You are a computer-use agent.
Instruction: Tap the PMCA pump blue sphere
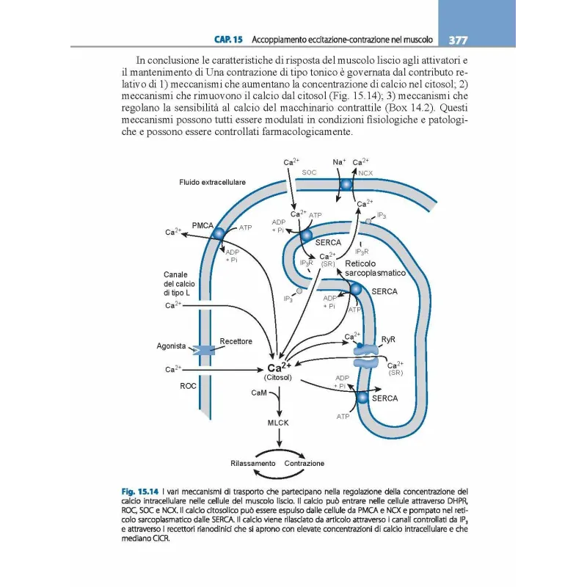coord(219,232)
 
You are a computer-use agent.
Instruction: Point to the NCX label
coord(365,173)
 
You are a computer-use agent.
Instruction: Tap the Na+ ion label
coord(339,161)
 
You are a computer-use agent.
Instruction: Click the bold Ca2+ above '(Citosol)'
coord(280,368)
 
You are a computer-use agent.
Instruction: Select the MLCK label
coord(278,423)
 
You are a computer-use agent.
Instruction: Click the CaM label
coord(258,394)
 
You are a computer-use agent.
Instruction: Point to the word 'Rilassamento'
coord(252,464)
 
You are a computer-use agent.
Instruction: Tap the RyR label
coord(389,340)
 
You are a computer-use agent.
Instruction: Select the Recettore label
coord(236,341)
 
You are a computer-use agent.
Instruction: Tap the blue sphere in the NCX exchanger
coord(346,184)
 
